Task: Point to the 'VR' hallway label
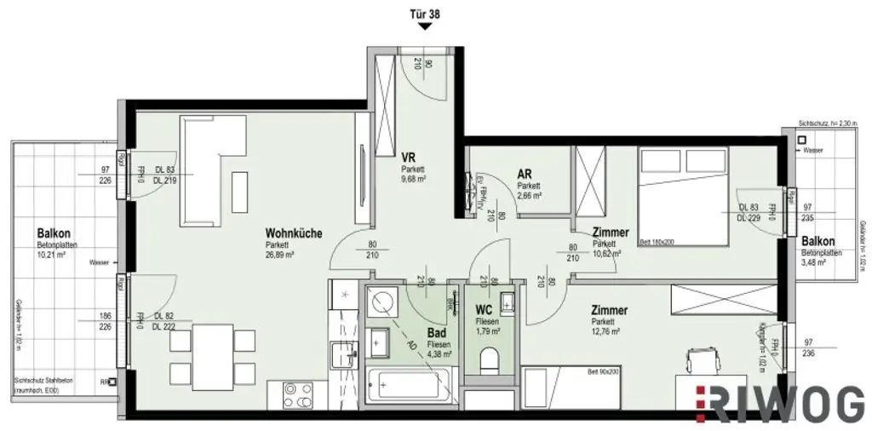pyautogui.click(x=408, y=158)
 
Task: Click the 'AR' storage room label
pyautogui.click(x=525, y=174)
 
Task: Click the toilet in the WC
pyautogui.click(x=490, y=364)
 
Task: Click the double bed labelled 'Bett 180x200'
pyautogui.click(x=682, y=195)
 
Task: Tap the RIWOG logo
pyautogui.click(x=780, y=404)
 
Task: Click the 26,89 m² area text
pyautogui.click(x=279, y=254)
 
